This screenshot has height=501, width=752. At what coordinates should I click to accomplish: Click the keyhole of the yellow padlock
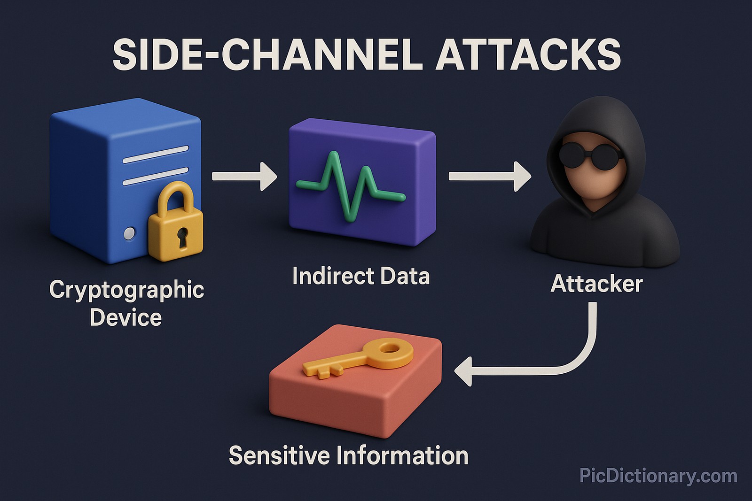182,238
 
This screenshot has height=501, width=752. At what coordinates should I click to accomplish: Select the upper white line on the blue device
155,154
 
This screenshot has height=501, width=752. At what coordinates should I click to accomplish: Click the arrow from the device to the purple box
244,176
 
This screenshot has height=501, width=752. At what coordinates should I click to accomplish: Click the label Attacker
596,284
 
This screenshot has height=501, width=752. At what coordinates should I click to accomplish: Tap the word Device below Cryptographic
125,318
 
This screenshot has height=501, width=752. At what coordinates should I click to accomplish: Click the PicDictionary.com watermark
658,476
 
